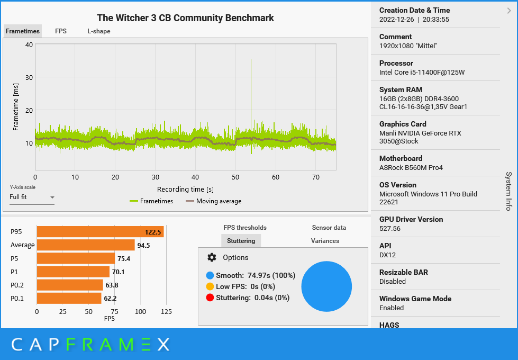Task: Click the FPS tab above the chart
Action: pos(61,31)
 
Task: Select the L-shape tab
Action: pos(99,31)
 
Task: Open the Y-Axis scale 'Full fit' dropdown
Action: pos(32,197)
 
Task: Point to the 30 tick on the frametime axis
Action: pos(29,77)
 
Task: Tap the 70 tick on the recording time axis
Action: pos(316,177)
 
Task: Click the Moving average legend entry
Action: pos(213,201)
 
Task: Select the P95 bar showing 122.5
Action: pos(100,232)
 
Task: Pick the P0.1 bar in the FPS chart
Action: pos(69,298)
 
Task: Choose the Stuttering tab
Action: pos(241,241)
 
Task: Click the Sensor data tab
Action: pos(329,228)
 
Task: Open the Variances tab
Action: pos(325,241)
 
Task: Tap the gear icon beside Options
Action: pos(212,257)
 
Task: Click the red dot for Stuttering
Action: pos(210,298)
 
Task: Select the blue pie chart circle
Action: pos(326,286)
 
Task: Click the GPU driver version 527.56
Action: pos(390,229)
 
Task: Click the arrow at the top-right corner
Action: pos(509,10)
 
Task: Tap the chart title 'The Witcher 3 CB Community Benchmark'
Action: pos(185,18)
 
